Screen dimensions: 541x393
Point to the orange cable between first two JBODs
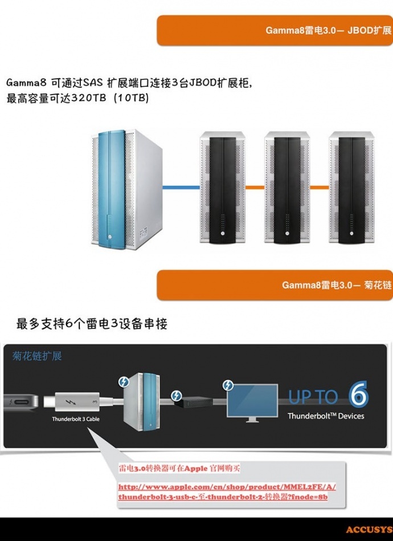coord(255,187)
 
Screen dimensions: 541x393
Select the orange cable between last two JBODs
coord(320,187)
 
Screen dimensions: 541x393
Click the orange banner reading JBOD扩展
coord(275,30)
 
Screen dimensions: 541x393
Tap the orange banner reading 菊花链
coord(275,284)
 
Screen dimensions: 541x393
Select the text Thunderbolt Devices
coord(325,416)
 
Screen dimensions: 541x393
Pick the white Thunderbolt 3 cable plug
coord(75,401)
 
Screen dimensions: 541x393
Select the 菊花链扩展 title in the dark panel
coord(37,356)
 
